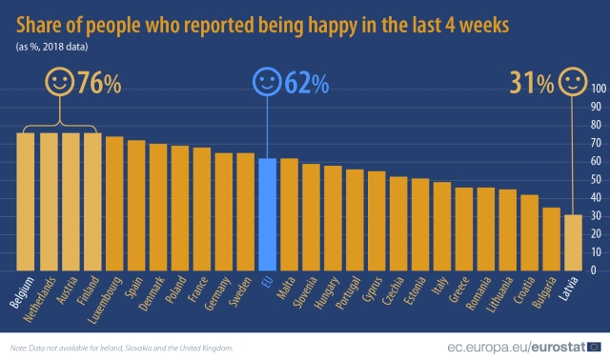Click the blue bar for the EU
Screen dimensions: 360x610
(x=268, y=214)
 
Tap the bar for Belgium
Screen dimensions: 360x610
(x=26, y=201)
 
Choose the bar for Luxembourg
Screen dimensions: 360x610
(x=114, y=203)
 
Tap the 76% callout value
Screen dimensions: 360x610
(x=99, y=85)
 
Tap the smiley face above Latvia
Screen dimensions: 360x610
(x=572, y=83)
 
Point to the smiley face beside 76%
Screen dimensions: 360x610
(x=60, y=83)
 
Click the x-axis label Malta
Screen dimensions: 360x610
(x=286, y=290)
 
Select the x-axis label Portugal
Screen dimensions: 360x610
(x=353, y=293)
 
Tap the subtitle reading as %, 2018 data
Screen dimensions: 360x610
(x=53, y=46)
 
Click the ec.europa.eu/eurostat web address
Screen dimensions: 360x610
(x=514, y=348)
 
